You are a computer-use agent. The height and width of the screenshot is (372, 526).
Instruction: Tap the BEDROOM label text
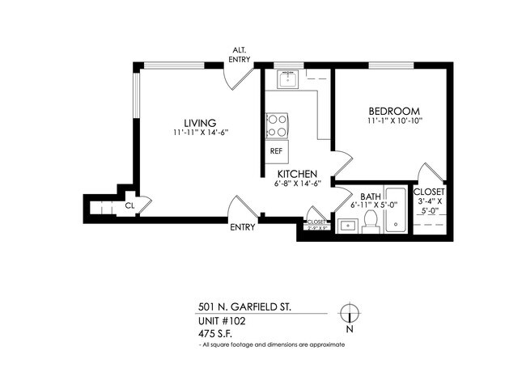[392, 111]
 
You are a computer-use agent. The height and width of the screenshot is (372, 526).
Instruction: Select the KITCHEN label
[297, 174]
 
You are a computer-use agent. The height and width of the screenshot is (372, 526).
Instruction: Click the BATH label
[371, 197]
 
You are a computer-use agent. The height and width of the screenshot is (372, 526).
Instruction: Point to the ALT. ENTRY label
[240, 54]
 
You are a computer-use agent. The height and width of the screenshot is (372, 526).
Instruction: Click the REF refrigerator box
[276, 151]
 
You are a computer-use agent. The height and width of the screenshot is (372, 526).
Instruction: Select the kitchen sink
[288, 79]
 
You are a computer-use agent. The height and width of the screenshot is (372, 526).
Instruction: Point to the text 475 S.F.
[217, 332]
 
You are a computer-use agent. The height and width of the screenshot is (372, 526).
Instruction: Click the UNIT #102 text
[222, 320]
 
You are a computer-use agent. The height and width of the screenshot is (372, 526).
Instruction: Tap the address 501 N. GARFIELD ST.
[244, 307]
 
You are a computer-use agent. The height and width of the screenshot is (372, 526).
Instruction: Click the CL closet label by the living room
[129, 206]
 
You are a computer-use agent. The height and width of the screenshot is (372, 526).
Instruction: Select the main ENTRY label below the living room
[243, 227]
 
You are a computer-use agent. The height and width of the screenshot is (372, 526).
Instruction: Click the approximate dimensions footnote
[272, 345]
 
